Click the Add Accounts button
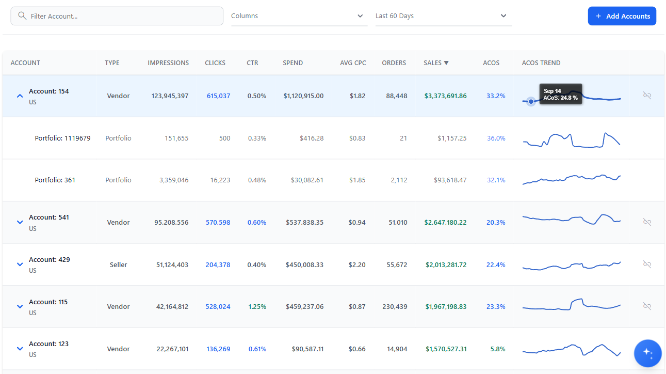(x=622, y=16)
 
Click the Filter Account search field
(x=117, y=16)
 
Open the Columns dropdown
(x=299, y=16)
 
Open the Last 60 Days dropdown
(x=443, y=16)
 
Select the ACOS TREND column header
(x=541, y=63)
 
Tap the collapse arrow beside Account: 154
(x=20, y=96)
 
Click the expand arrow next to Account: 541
(x=20, y=222)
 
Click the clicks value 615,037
(x=218, y=96)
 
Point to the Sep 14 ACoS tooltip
(x=560, y=94)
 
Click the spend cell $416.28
(x=311, y=138)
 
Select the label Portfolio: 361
(x=55, y=180)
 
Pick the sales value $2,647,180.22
(x=445, y=223)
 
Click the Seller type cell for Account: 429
(x=118, y=265)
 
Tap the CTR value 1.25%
(x=257, y=307)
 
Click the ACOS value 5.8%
(x=498, y=349)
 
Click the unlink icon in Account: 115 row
(x=647, y=306)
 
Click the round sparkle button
(x=647, y=353)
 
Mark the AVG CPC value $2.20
(x=357, y=265)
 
